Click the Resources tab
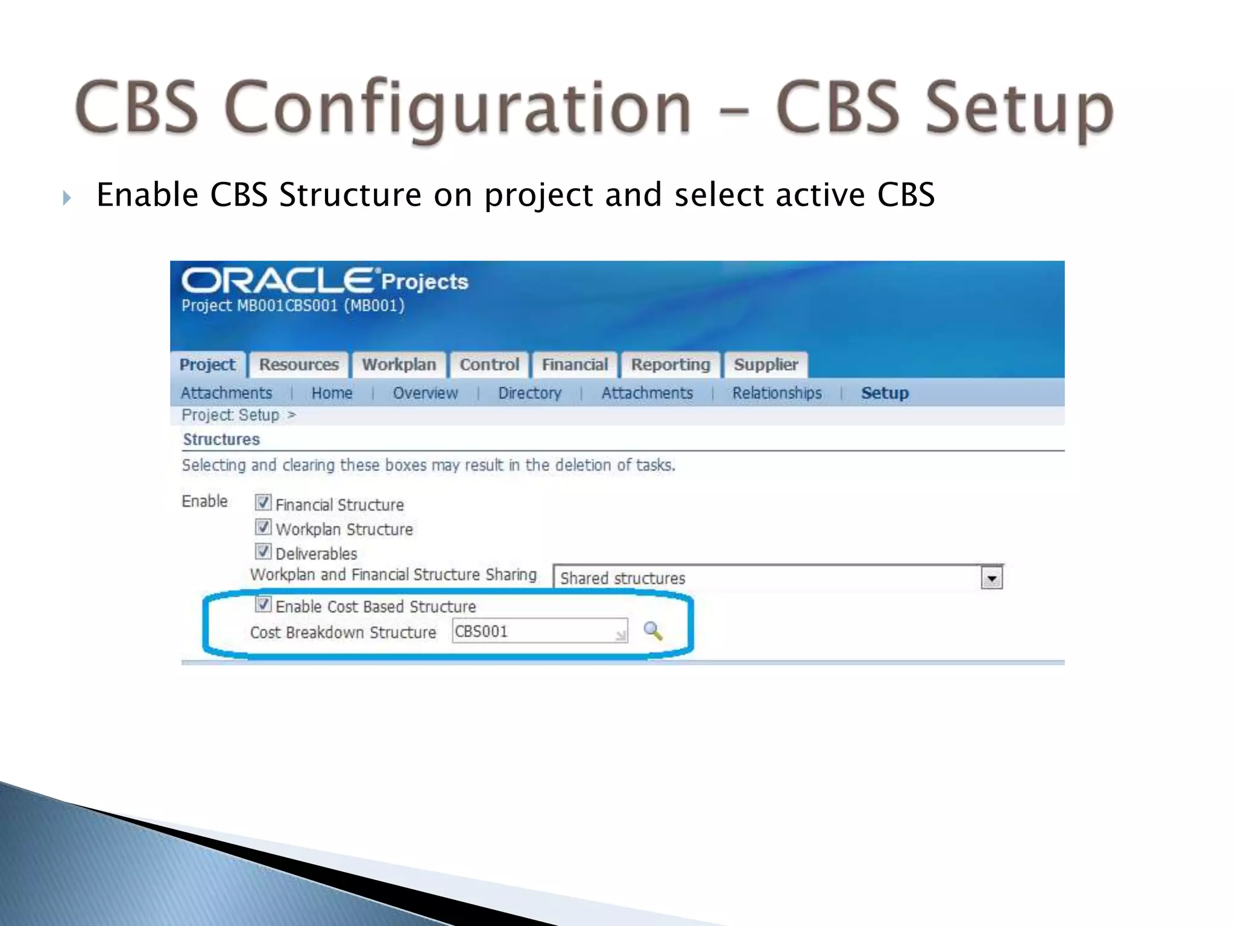tap(298, 365)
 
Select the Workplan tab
tap(399, 365)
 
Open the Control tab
tap(489, 365)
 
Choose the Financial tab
tap(575, 365)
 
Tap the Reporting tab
tap(671, 365)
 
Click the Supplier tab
tap(765, 365)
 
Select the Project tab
tap(207, 365)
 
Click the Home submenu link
tap(332, 393)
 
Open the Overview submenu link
tap(425, 393)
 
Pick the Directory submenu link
tap(529, 393)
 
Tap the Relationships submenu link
tap(777, 393)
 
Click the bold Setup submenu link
tap(885, 393)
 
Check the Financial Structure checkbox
tap(263, 502)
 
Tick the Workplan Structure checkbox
tap(263, 527)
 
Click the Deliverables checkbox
tap(263, 551)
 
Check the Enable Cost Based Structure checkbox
tap(263, 604)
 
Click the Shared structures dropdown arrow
tap(991, 578)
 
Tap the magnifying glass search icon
tap(652, 631)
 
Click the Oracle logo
tap(277, 281)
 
